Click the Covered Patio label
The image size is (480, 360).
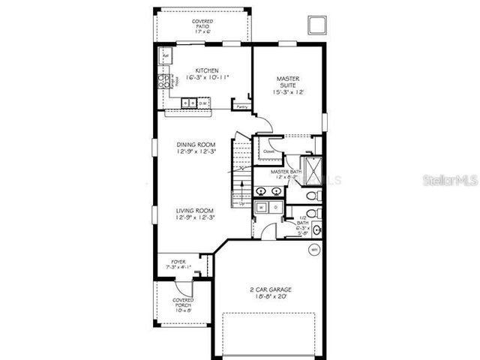point(202,27)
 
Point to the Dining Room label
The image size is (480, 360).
point(196,148)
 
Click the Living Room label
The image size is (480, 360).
point(196,214)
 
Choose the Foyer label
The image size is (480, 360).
point(178,265)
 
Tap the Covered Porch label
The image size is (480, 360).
point(172,303)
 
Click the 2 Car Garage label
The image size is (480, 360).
point(270,292)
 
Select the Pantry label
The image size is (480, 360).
point(241,107)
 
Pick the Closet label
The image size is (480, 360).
point(268,151)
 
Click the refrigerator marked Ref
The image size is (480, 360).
point(165,56)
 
